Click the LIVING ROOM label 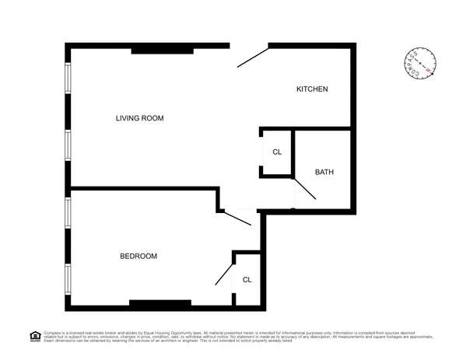(x=140, y=118)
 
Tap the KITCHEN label (x=312, y=89)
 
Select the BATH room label (x=324, y=172)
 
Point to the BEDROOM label (x=138, y=257)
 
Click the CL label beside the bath (x=277, y=151)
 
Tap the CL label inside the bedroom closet (x=247, y=279)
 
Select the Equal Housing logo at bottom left (x=34, y=336)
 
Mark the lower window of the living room (x=68, y=145)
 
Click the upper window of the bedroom (x=68, y=211)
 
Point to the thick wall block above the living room (x=162, y=51)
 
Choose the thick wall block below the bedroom (x=160, y=303)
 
